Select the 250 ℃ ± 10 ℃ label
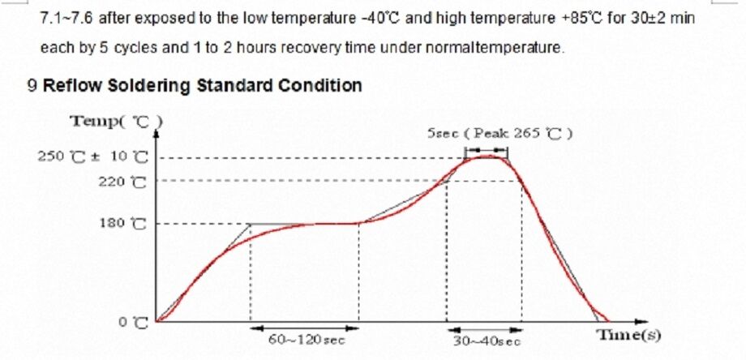pyautogui.click(x=93, y=156)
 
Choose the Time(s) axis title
pyautogui.click(x=628, y=335)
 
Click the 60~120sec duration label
pyautogui.click(x=307, y=341)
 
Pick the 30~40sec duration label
pyautogui.click(x=486, y=341)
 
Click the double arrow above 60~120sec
pyautogui.click(x=304, y=328)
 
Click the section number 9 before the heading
pyautogui.click(x=32, y=86)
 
